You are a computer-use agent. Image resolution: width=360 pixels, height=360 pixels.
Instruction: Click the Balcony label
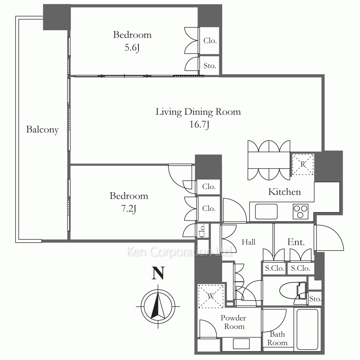(x=42, y=130)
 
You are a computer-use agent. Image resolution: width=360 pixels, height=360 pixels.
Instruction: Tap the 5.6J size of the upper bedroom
(x=132, y=48)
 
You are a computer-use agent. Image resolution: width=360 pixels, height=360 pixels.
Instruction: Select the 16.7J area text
(x=199, y=125)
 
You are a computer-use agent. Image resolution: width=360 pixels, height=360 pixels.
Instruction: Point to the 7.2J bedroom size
(x=129, y=209)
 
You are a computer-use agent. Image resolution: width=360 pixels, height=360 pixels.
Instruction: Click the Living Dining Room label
(x=198, y=112)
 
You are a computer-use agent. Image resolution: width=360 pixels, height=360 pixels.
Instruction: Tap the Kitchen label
(x=284, y=192)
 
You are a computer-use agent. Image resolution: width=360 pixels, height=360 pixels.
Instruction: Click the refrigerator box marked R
(x=303, y=164)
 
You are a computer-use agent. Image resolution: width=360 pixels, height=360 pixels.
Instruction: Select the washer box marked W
(x=211, y=296)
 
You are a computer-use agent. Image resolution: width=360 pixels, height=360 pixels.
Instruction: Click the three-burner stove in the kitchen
(x=301, y=211)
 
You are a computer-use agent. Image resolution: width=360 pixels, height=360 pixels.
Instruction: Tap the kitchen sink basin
(x=266, y=211)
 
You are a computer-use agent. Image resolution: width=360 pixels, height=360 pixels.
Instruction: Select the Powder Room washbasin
(x=241, y=344)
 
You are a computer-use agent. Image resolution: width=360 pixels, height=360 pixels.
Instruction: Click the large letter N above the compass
(x=158, y=273)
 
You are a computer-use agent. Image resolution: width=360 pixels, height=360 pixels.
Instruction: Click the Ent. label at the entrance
(x=296, y=242)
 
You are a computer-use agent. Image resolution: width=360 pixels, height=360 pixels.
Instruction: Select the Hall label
(x=248, y=242)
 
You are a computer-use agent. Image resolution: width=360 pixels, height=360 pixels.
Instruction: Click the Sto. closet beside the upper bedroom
(x=210, y=66)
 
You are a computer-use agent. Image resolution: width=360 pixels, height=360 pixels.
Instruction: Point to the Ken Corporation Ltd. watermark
(x=179, y=252)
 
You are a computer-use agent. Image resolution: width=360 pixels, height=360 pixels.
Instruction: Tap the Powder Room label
(x=234, y=322)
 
